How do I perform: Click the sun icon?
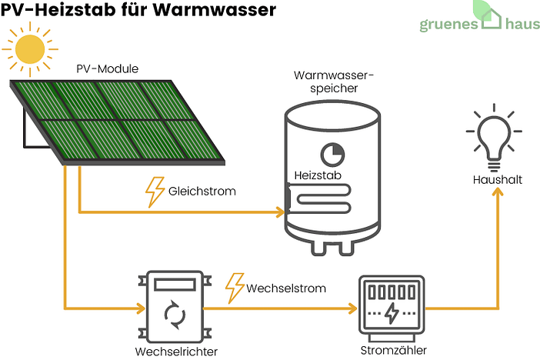tap(30, 48)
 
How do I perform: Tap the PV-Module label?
tap(107, 69)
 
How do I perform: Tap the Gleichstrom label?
tap(202, 190)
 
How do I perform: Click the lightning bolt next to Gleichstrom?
tap(155, 192)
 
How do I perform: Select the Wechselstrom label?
tap(286, 288)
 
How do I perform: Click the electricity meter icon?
tap(392, 308)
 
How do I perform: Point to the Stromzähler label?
tap(392, 350)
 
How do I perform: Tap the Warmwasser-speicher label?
tap(333, 82)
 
